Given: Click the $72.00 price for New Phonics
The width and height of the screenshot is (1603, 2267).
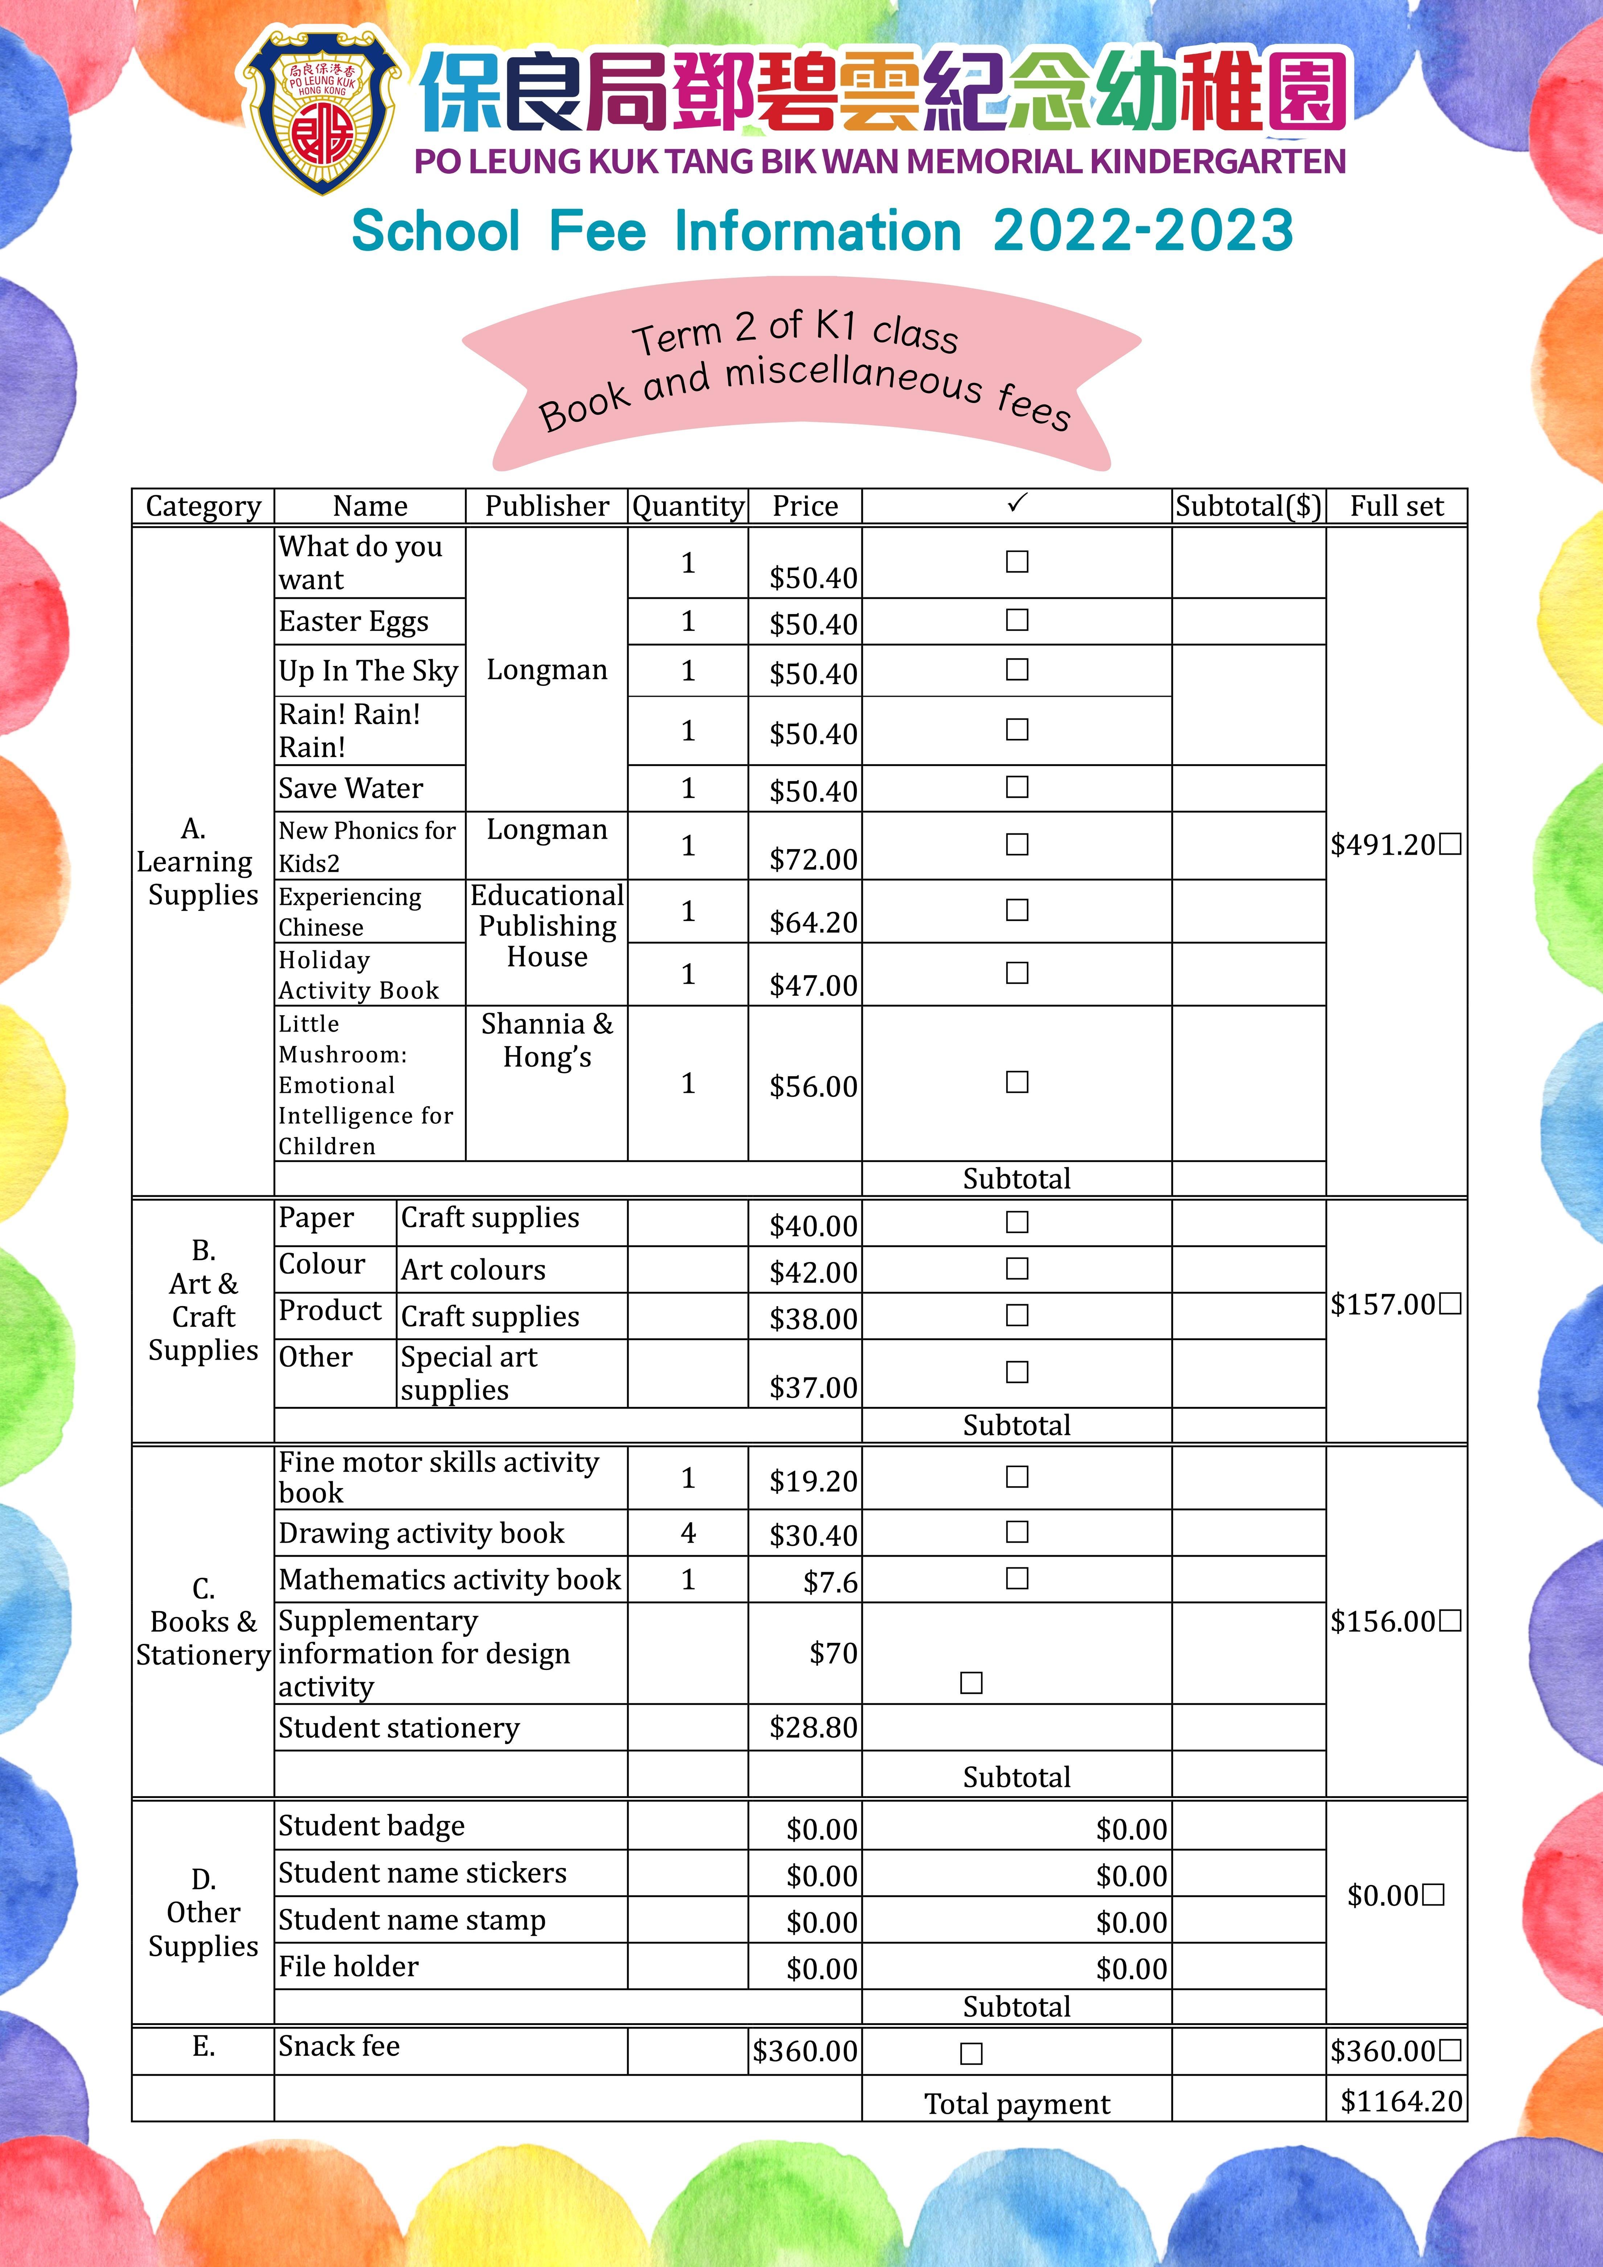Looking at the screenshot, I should (x=813, y=859).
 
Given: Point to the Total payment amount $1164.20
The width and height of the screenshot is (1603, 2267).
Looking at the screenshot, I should (x=1401, y=2101).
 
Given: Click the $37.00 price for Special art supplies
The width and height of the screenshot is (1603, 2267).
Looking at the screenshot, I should (x=813, y=1387).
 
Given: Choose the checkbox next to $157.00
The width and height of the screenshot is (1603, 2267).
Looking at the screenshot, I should (x=1450, y=1304).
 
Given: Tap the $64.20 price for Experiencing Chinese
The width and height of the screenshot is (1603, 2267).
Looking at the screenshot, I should (x=813, y=922).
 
